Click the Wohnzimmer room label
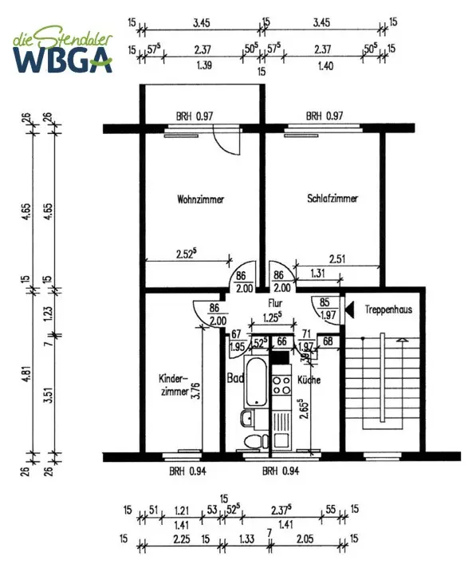click(201, 199)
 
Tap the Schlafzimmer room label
click(332, 198)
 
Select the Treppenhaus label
click(388, 310)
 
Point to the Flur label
click(275, 302)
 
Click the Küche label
click(309, 380)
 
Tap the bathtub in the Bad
click(256, 382)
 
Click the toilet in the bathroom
click(256, 442)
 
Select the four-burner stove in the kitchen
click(281, 385)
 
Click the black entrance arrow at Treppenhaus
click(349, 310)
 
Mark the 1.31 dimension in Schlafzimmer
click(317, 273)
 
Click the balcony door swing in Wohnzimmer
click(227, 140)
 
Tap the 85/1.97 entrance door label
click(327, 308)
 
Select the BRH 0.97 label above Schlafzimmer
click(325, 116)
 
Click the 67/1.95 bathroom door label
click(237, 341)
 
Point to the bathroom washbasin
click(248, 419)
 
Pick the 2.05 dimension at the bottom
click(305, 538)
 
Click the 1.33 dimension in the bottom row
click(246, 538)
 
